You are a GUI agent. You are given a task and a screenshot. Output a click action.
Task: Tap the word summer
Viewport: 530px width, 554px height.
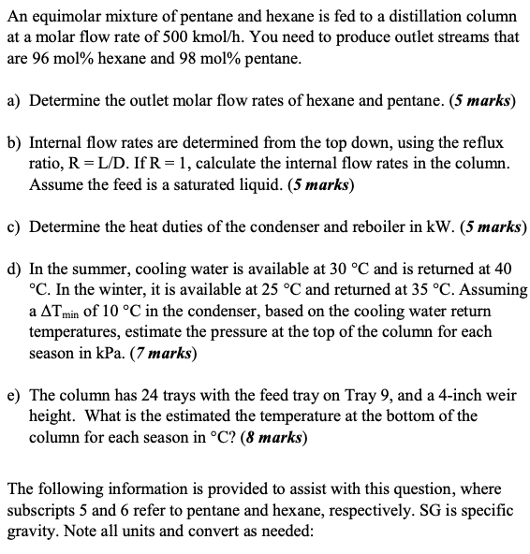point(96,268)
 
